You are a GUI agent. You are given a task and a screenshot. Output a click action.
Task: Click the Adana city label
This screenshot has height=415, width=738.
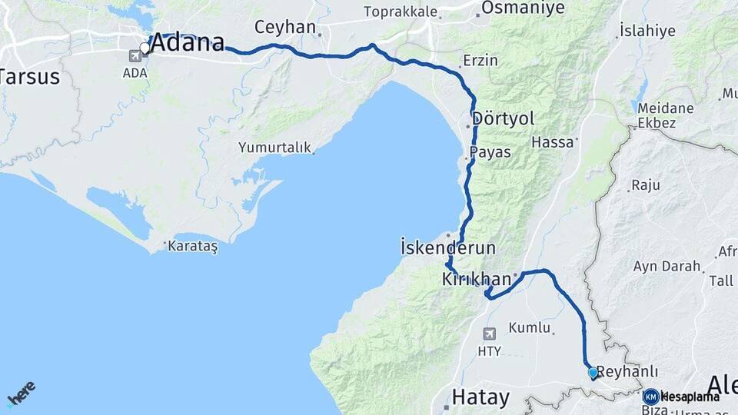click(188, 43)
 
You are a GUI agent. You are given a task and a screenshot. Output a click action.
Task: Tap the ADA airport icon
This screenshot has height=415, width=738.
click(136, 55)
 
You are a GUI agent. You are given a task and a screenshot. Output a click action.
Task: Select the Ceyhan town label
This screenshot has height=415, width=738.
click(285, 28)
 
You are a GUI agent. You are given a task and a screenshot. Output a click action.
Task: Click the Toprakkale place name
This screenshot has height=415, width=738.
click(401, 12)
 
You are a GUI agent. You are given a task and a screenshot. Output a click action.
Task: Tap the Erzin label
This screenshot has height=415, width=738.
click(480, 61)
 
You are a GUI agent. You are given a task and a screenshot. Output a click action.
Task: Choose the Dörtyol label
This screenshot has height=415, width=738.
click(503, 119)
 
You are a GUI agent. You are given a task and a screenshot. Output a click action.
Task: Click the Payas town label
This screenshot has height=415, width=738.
click(490, 152)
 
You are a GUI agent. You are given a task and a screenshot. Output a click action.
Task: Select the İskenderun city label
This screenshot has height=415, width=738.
click(448, 248)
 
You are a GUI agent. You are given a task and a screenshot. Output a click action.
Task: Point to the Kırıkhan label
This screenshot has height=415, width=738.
click(477, 280)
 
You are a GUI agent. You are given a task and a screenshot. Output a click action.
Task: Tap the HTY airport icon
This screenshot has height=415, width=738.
click(490, 334)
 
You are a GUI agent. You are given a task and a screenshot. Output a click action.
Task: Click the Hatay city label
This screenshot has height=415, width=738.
click(480, 397)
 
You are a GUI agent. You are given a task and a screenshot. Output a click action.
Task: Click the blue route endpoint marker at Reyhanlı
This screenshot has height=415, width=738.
click(593, 373)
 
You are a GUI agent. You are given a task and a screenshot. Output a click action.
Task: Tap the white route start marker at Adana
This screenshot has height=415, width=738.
click(145, 48)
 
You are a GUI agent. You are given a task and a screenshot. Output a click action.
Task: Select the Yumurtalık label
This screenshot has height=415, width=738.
click(274, 147)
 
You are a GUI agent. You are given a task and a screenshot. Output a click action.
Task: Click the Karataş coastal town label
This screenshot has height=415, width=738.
click(193, 247)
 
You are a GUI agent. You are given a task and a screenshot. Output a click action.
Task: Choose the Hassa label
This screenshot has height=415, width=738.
click(553, 142)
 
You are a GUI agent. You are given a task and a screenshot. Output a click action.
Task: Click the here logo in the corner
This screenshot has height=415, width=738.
click(22, 393)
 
